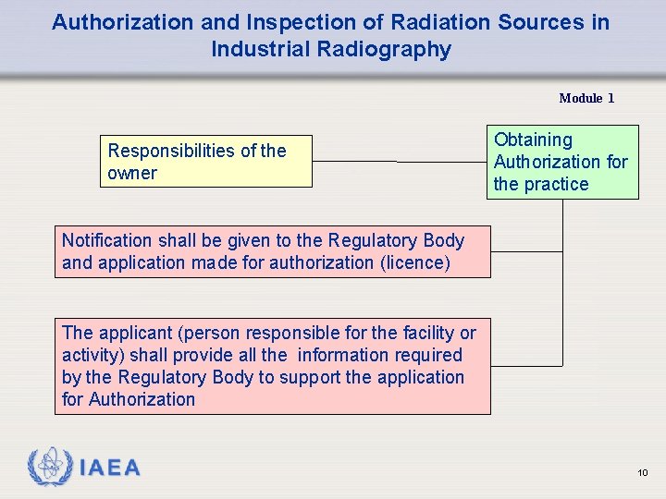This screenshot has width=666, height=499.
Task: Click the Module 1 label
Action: (x=586, y=98)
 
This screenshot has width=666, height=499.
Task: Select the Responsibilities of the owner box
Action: (x=206, y=162)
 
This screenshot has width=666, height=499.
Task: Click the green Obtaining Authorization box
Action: (x=563, y=162)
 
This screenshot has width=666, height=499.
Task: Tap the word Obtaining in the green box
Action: (x=533, y=140)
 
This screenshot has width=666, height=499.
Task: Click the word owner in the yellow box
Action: (x=132, y=173)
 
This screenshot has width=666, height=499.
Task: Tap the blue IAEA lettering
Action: (x=110, y=469)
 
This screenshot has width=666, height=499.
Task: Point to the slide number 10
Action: (x=643, y=473)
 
